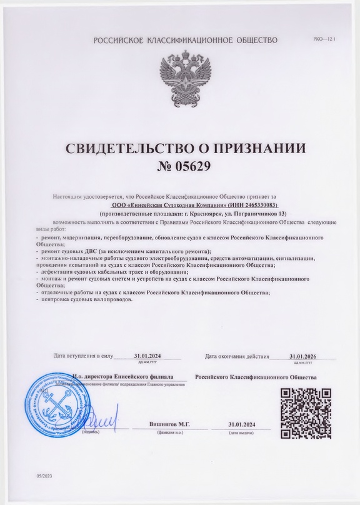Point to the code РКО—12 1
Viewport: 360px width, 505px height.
[x=324, y=39]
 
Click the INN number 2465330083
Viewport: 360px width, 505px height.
[x=253, y=205]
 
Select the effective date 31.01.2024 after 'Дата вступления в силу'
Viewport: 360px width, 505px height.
[x=147, y=356]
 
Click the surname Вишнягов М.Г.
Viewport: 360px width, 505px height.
[x=170, y=424]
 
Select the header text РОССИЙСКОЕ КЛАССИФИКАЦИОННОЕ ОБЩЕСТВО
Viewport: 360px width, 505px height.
[x=185, y=41]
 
